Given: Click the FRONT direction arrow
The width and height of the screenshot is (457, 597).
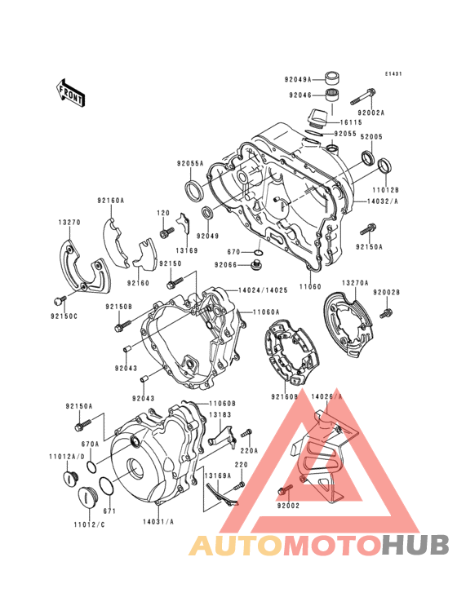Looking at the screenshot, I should pos(72,92).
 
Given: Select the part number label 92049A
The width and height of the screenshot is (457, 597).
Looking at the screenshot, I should pos(298,80).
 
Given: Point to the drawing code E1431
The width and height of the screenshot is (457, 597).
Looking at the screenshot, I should pos(394,74).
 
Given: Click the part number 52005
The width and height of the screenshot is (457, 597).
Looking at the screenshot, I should pos(372,138).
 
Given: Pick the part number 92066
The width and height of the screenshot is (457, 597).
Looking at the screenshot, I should pos(226,265).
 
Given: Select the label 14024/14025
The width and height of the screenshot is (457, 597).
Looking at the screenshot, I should pos(261,290).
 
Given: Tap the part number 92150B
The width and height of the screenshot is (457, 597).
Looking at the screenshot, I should pos(118,307).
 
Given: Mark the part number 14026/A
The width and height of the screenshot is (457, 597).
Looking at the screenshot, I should pos(327,396).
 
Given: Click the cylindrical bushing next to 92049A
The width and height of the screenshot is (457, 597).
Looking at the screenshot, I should pos(333,78).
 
